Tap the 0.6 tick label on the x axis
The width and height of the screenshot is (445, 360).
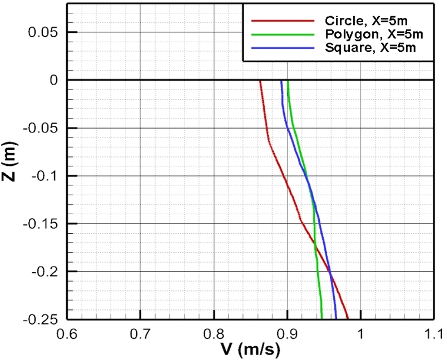tap(67, 335)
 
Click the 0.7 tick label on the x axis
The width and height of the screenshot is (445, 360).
tap(140, 335)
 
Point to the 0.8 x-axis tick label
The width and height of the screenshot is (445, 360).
tap(214, 335)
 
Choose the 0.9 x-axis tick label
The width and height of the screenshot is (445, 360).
tap(287, 335)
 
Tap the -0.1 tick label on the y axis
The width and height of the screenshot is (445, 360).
tap(46, 176)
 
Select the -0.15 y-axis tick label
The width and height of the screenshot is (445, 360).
tap(42, 224)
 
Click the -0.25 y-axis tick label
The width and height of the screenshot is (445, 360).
tap(42, 320)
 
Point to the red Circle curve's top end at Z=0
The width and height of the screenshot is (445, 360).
tap(260, 81)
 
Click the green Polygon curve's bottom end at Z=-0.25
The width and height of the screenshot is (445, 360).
tap(322, 319)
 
